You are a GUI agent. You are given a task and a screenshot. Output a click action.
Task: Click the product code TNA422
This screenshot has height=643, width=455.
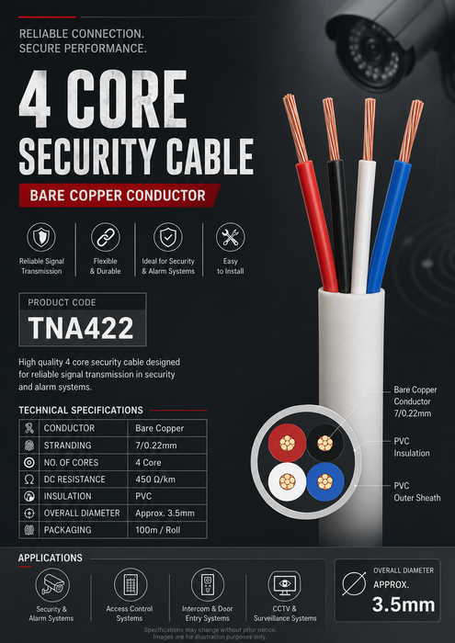coord(81,328)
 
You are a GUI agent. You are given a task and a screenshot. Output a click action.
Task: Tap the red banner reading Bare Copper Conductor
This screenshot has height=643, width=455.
coord(119,195)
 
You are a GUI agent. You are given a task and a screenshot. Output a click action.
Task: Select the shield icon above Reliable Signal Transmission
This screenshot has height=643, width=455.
coord(41,237)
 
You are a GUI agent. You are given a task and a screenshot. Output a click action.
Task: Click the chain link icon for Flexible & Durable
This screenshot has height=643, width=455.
coord(106,237)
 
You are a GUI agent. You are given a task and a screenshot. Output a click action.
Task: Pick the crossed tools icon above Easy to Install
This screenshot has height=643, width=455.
coord(230,237)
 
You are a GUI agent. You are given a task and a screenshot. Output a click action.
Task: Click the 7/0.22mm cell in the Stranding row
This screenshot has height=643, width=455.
coord(156,446)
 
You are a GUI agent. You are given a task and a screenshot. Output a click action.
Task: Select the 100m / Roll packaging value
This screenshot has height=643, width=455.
coord(158,530)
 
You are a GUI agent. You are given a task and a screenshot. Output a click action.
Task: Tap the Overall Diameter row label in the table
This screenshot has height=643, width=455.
coord(82,513)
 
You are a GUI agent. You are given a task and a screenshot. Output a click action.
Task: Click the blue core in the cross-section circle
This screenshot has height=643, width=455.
coord(325,482)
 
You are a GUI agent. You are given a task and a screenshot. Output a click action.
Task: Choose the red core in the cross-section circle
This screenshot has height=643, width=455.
coord(287,443)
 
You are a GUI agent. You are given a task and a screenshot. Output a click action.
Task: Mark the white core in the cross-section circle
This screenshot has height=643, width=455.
coord(287,482)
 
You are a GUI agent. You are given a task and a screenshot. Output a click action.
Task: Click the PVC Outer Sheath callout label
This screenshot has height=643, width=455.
coord(416,492)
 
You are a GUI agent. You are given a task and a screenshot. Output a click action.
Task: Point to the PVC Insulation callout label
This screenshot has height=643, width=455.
coord(412,447)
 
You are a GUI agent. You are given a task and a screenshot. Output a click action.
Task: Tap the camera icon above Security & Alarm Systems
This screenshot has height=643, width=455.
coord(52,585)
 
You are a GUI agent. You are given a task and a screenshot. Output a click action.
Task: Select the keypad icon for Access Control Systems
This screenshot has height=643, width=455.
coord(130,585)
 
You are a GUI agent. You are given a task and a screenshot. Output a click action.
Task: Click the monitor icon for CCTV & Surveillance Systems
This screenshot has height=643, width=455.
coord(284,585)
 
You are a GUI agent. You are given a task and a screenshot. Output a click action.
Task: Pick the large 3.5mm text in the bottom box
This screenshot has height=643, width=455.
coord(404,604)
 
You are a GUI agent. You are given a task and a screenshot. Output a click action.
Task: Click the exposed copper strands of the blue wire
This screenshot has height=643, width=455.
coord(412,130)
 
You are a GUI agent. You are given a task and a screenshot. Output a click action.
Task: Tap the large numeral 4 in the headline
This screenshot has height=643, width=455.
coord(35,100)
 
